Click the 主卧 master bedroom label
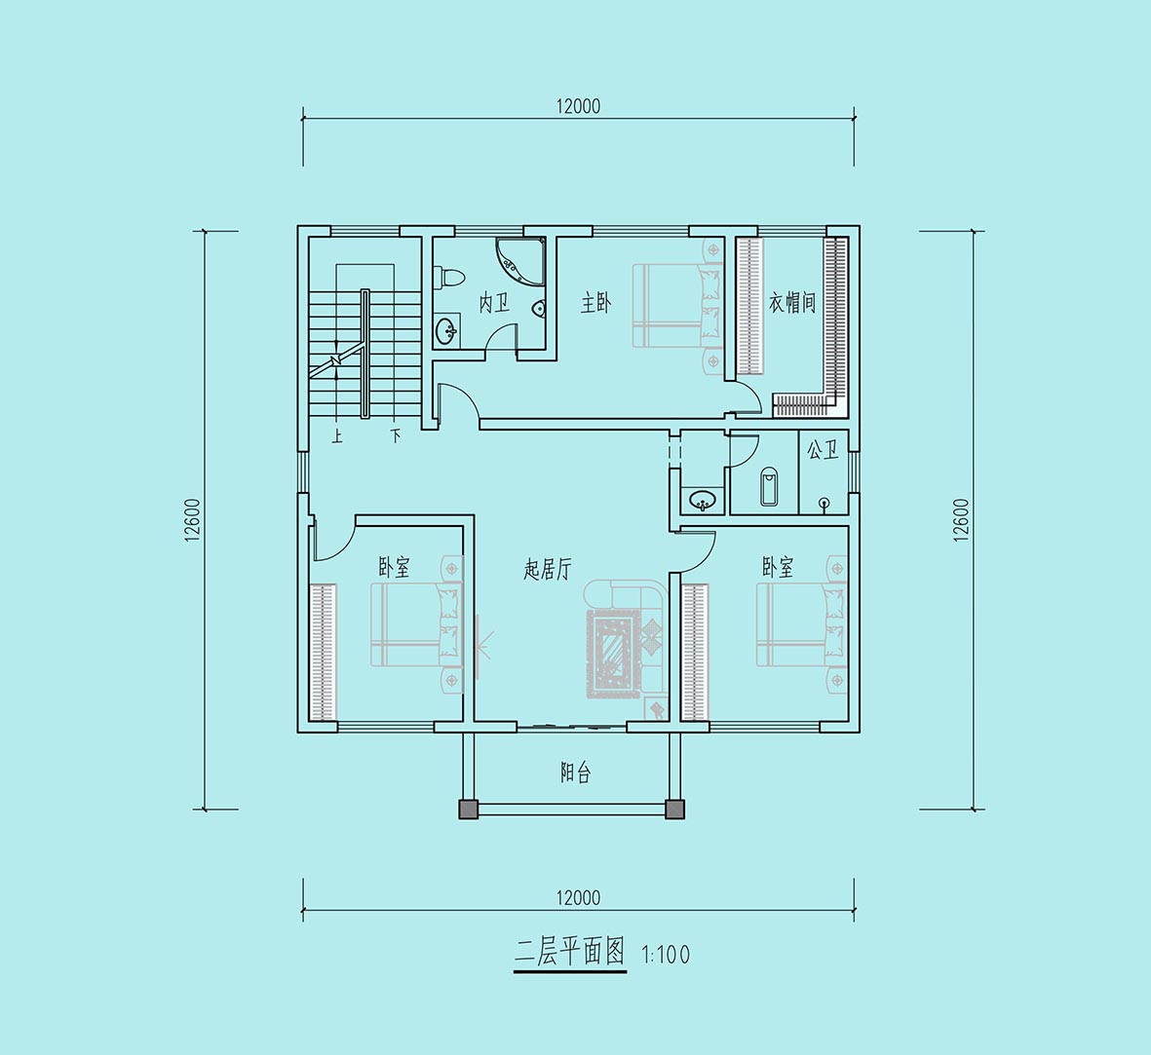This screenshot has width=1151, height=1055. pyautogui.click(x=596, y=302)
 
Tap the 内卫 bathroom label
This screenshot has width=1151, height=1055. pyautogui.click(x=494, y=302)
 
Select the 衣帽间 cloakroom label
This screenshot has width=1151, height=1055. pyautogui.click(x=792, y=302)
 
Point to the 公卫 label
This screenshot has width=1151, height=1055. pyautogui.click(x=823, y=450)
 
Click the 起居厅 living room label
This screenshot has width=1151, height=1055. pyautogui.click(x=548, y=569)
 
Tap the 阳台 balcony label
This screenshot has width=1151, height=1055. pyautogui.click(x=575, y=772)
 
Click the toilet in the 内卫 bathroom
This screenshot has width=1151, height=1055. pyautogui.click(x=449, y=278)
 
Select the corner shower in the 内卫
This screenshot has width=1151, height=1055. pyautogui.click(x=520, y=260)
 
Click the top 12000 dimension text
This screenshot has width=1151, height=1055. pyautogui.click(x=578, y=106)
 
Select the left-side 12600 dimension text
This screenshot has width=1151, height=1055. pyautogui.click(x=192, y=520)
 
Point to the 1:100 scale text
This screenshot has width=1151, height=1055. pyautogui.click(x=665, y=955)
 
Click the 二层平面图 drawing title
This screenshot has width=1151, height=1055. pyautogui.click(x=569, y=953)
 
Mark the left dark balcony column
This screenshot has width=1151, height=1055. pyautogui.click(x=468, y=808)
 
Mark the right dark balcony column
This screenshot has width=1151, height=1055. pyautogui.click(x=674, y=808)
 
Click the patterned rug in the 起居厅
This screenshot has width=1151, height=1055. pyautogui.click(x=610, y=653)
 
